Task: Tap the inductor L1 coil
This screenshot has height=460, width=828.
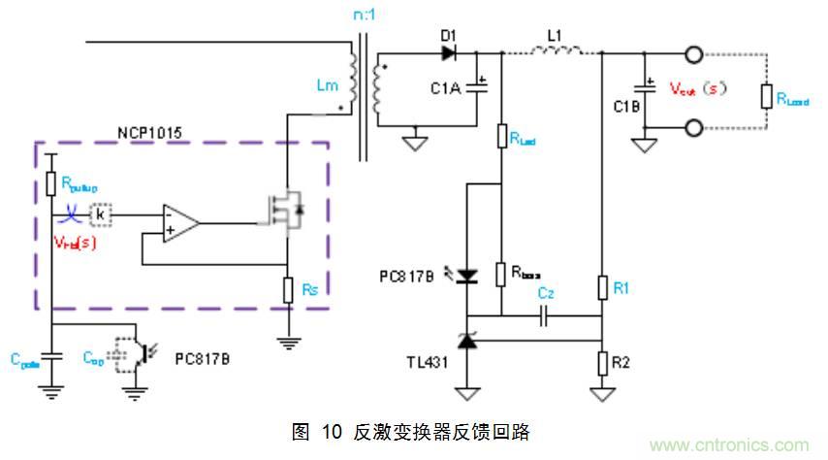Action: [556, 49]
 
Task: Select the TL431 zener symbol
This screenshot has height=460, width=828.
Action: [467, 340]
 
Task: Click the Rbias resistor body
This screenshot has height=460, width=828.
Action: [501, 275]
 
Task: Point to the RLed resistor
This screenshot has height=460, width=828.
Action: [501, 137]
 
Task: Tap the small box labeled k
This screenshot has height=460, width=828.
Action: [101, 214]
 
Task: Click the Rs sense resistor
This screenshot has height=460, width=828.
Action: [288, 290]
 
